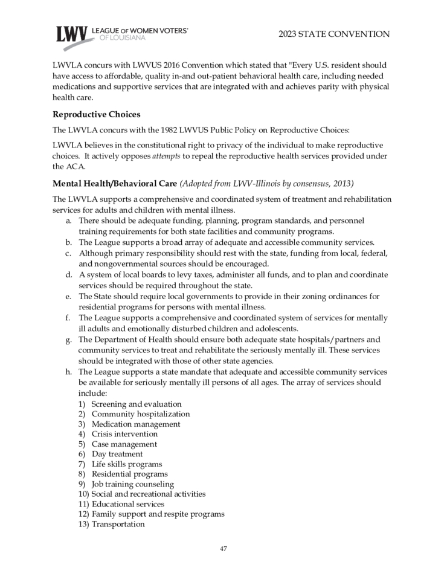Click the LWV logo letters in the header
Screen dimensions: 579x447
[72, 35]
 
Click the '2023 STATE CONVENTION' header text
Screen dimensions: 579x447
[334, 34]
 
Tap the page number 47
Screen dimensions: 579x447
[224, 549]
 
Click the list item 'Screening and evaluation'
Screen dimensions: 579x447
[137, 404]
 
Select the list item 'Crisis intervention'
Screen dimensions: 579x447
[124, 434]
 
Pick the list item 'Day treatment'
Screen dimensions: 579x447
[117, 454]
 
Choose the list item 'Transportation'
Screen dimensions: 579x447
[118, 524]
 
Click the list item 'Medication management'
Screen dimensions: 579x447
[136, 424]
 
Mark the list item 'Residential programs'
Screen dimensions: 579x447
[130, 474]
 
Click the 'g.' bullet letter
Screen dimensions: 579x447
[69, 340]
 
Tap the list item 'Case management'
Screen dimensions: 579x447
[124, 444]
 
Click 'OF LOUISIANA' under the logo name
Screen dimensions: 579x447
[121, 38]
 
